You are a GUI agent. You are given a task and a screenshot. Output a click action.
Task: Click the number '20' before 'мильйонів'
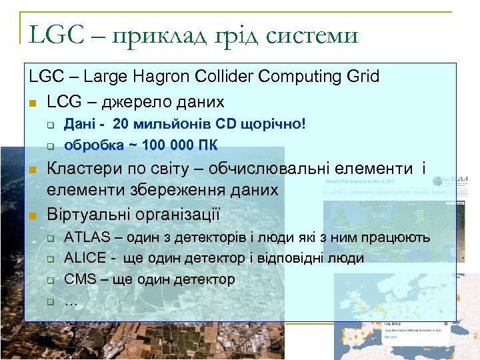121,124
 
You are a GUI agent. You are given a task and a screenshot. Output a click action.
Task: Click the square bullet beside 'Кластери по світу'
32,170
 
